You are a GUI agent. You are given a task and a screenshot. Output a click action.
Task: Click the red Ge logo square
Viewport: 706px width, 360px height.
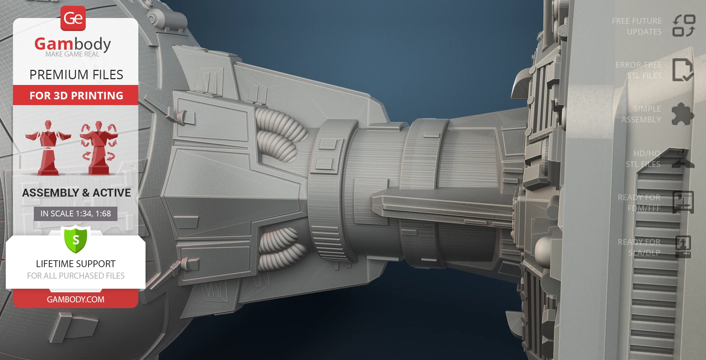pos(73,18)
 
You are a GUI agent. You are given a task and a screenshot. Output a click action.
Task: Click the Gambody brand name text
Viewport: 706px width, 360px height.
pos(73,44)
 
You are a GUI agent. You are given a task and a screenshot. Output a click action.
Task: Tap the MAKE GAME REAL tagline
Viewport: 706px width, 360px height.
pos(72,54)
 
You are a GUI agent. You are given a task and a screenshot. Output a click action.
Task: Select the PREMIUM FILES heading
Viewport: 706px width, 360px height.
pos(76,75)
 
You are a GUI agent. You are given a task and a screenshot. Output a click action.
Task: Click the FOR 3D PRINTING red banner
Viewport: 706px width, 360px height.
pos(76,95)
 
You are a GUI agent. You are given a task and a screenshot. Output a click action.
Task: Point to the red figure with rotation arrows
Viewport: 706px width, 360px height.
pos(98,148)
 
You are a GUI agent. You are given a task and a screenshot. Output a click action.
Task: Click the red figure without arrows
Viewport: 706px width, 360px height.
pos(48,148)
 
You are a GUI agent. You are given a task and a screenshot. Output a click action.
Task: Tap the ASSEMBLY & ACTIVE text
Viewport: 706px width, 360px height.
pos(76,193)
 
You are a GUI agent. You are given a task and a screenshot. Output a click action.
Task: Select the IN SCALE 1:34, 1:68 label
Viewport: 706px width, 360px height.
pos(76,213)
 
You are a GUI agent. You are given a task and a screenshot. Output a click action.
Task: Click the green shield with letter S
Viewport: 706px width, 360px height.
pos(76,239)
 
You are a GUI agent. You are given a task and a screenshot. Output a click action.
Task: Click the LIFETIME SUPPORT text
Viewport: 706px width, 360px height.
pos(76,264)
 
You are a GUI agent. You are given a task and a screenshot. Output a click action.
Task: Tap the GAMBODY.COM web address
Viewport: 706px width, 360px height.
pos(76,299)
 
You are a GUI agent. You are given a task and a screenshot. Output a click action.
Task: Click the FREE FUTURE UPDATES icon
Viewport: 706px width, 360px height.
pos(684,26)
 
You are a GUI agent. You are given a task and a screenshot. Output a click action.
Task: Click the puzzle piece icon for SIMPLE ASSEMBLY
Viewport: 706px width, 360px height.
pos(683,114)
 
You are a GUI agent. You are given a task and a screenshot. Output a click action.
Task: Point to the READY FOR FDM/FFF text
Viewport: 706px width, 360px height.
pos(639,203)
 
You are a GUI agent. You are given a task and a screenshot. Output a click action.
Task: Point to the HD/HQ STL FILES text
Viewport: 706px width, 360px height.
pos(643,159)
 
